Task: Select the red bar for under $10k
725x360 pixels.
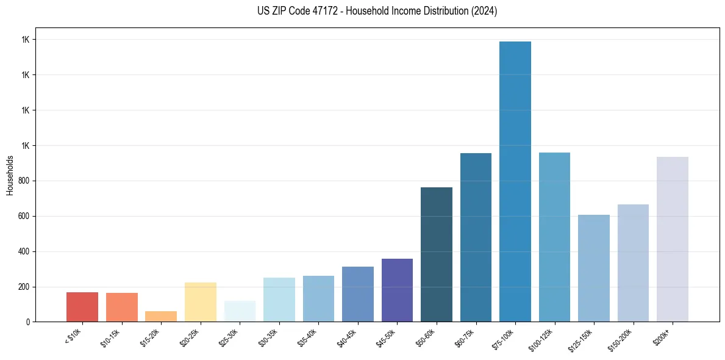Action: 82,307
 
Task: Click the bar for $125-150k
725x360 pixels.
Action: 594,268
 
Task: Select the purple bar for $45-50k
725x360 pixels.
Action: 397,290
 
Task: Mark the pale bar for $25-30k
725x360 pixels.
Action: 240,311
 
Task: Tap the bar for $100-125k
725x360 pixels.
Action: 554,237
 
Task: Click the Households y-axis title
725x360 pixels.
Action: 10,175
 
